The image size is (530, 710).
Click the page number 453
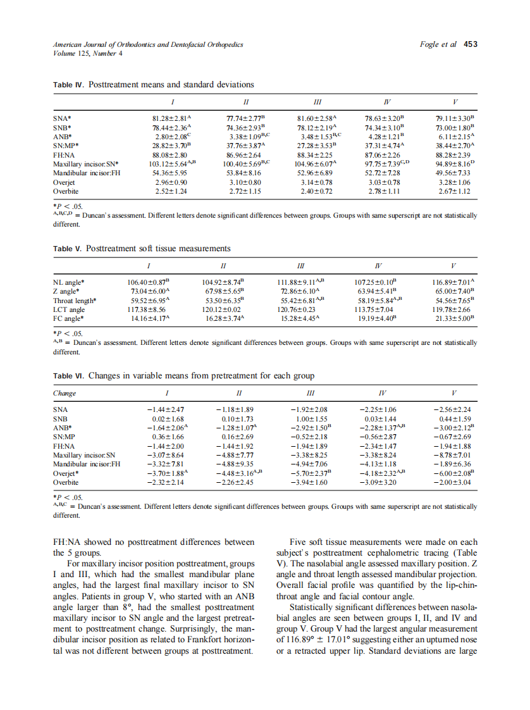pos(470,44)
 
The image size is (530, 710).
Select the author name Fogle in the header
pos(430,44)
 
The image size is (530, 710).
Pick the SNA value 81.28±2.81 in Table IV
pos(171,118)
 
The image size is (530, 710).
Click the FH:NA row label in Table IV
pos(64,154)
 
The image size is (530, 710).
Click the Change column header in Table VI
pos(64,393)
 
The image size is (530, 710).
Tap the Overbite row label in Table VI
pos(65,482)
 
